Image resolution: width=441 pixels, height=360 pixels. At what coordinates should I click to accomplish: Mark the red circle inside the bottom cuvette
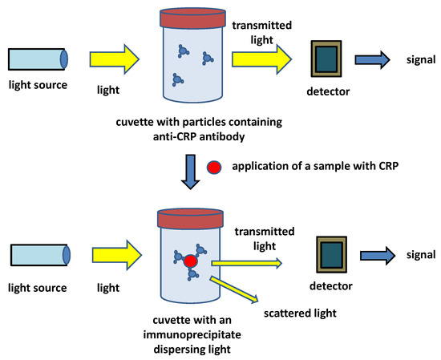(x=190, y=262)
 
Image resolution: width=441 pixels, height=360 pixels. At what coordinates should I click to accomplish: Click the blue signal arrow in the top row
(x=373, y=60)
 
